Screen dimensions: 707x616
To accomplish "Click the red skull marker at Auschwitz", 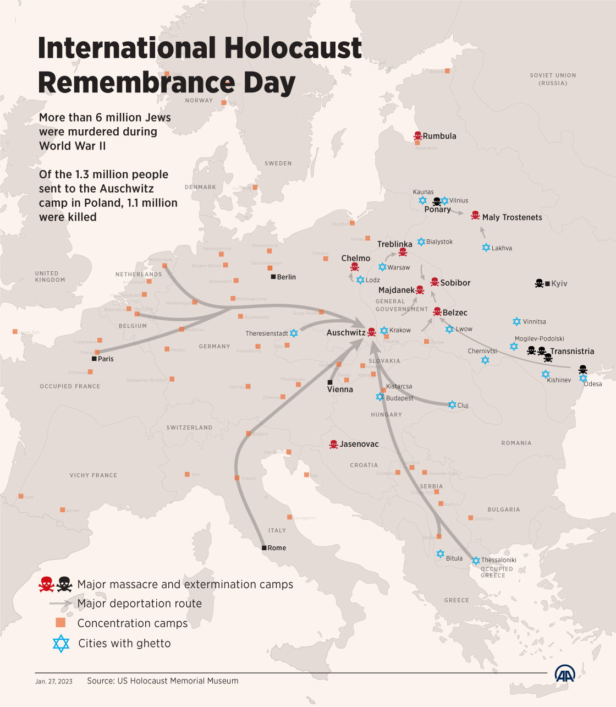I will [x=372, y=332].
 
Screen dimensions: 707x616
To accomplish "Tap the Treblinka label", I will [x=394, y=244].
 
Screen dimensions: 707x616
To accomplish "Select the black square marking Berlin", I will [x=273, y=277].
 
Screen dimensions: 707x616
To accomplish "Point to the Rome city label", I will [x=277, y=547].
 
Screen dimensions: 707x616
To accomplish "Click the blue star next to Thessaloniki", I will [x=476, y=561].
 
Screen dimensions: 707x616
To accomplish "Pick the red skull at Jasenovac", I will [x=333, y=444].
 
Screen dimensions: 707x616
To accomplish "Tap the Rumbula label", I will [x=439, y=136].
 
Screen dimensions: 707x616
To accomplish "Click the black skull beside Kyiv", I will [x=539, y=283].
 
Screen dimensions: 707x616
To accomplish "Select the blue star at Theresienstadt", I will [x=294, y=333].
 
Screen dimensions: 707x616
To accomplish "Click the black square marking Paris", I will [x=94, y=359].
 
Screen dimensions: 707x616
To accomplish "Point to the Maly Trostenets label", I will [x=512, y=217].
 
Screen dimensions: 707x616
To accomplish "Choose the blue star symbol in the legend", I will [x=61, y=643].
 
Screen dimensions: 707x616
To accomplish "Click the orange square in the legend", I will [x=61, y=623].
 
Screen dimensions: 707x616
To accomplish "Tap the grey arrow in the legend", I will [x=61, y=604].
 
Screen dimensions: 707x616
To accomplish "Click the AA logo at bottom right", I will [x=565, y=673].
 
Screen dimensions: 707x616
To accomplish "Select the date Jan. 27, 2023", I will [x=54, y=681].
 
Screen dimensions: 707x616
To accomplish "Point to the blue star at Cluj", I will [x=452, y=405].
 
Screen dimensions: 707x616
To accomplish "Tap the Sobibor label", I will [x=455, y=283].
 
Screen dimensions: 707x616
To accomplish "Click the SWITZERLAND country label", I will [x=189, y=428].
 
